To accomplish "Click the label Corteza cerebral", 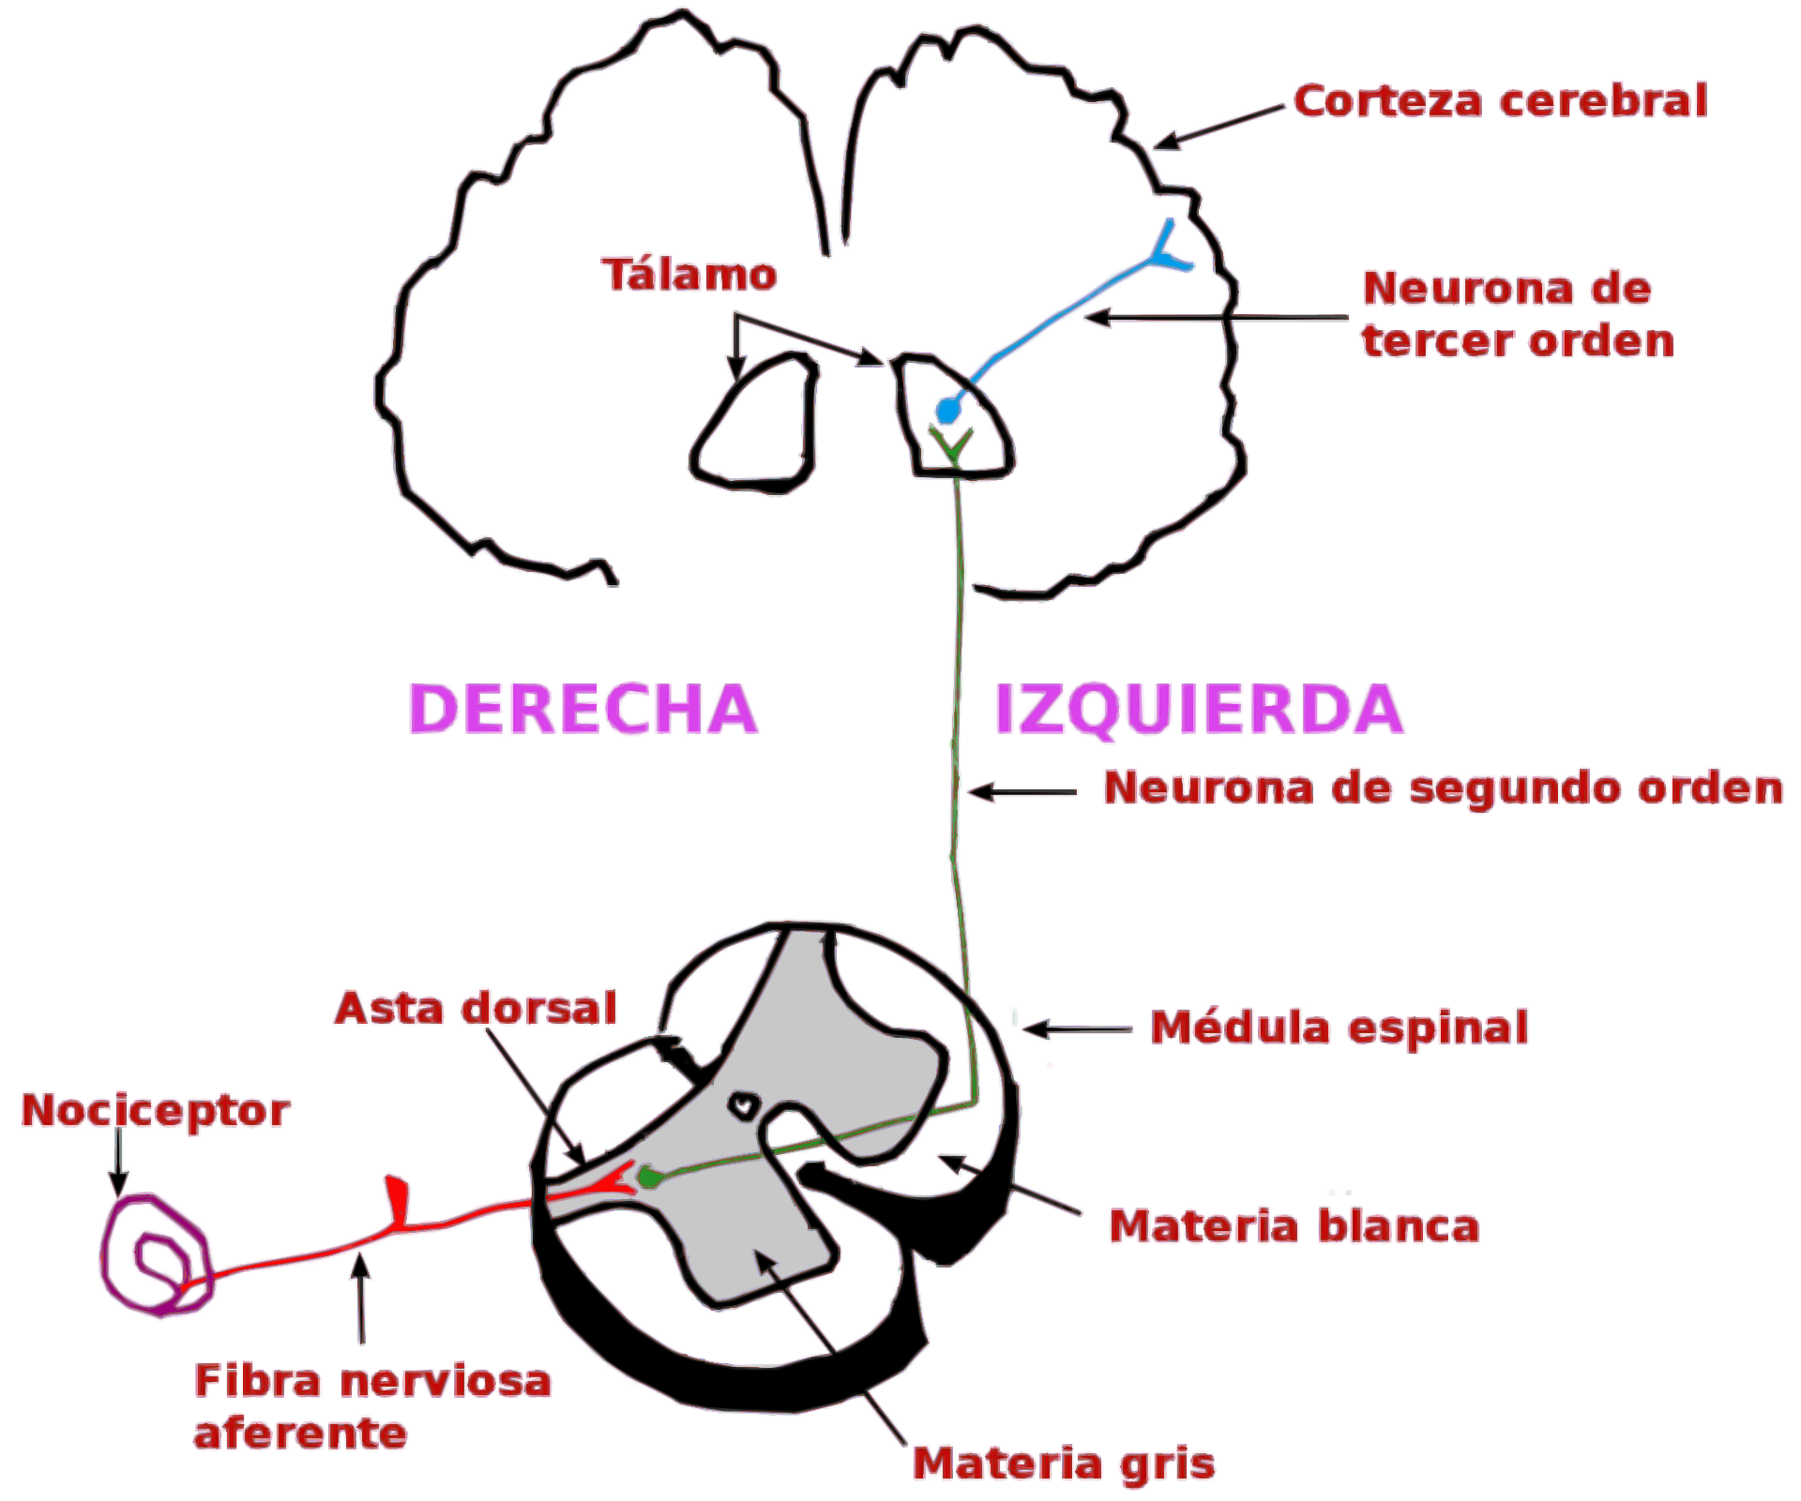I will pyautogui.click(x=1500, y=101).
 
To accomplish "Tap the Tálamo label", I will pyautogui.click(x=689, y=275).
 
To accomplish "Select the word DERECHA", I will pyautogui.click(x=583, y=709).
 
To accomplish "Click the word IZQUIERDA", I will pyautogui.click(x=1198, y=709).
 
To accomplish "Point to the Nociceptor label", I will pyautogui.click(x=156, y=1111).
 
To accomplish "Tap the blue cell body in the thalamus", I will pyautogui.click(x=947, y=411).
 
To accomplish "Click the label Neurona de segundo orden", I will pyautogui.click(x=1443, y=788).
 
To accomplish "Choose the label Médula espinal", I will pyautogui.click(x=1339, y=1028).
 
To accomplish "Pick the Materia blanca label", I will pyautogui.click(x=1294, y=1226).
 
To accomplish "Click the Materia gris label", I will pyautogui.click(x=1064, y=1463).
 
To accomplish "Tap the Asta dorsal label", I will pyautogui.click(x=476, y=1009).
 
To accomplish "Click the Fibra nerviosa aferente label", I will pyautogui.click(x=371, y=1406).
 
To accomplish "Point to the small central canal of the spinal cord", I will pyautogui.click(x=745, y=1106).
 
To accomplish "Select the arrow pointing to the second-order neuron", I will pyautogui.click(x=1022, y=792).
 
